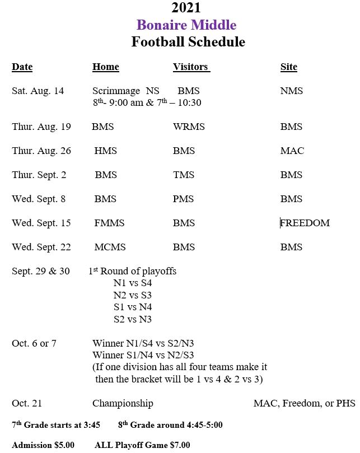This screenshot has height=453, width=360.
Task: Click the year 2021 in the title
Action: (x=186, y=8)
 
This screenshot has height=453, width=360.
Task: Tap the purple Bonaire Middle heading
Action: (x=186, y=25)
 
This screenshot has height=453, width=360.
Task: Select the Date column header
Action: (x=22, y=67)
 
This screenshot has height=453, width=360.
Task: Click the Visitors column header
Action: (x=191, y=67)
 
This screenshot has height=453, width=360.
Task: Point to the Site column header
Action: (x=288, y=67)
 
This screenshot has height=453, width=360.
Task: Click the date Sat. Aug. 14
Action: (x=38, y=91)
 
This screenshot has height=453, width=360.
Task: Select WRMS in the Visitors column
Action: (x=189, y=127)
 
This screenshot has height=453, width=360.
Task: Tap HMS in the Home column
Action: (x=106, y=151)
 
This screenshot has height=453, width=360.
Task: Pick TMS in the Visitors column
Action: (x=184, y=175)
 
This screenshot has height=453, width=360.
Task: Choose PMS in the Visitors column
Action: (x=184, y=199)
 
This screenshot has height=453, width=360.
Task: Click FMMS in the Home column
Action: (x=109, y=223)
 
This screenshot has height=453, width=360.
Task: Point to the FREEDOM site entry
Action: (x=305, y=223)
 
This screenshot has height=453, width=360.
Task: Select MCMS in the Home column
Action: (x=110, y=247)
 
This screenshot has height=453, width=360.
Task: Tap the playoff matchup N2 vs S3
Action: (x=132, y=295)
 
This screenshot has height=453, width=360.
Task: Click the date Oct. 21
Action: (x=27, y=403)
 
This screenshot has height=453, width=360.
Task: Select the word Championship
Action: (x=123, y=403)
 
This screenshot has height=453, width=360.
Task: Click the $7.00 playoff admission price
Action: (x=180, y=445)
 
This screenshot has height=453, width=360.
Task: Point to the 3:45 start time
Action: (x=91, y=425)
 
